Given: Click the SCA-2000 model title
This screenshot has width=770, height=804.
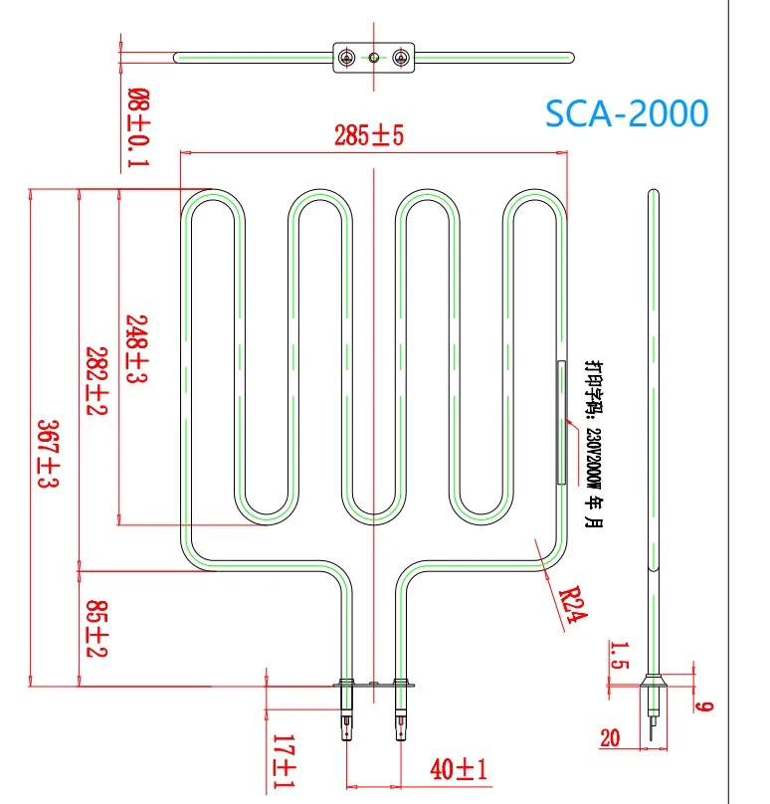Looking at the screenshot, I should pos(627,113).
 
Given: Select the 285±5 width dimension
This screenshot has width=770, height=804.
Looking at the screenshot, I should pos(369,136).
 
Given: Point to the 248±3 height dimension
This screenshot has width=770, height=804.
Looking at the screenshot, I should pos(137,348).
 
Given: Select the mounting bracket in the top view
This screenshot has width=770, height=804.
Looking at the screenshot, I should pos(372,58).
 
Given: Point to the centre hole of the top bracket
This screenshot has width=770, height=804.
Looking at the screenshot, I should pos(373,58).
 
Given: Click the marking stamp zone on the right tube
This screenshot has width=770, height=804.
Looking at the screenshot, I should pos(561,423).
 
